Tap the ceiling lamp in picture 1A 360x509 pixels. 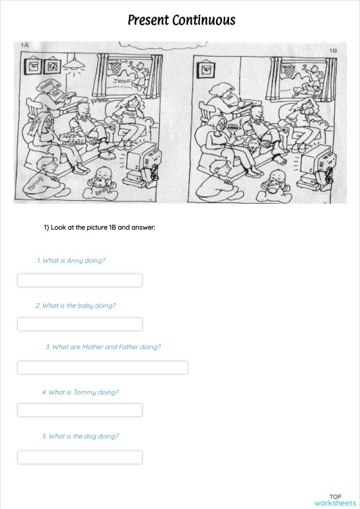(72, 66)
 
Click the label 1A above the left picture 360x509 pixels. (24, 45)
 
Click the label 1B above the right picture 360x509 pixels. (333, 51)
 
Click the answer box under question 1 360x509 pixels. (80, 280)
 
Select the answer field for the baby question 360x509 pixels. (80, 324)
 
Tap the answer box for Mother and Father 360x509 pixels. (102, 367)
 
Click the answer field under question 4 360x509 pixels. (80, 410)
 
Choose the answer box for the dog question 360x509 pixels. (80, 457)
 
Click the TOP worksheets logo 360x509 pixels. (336, 500)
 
